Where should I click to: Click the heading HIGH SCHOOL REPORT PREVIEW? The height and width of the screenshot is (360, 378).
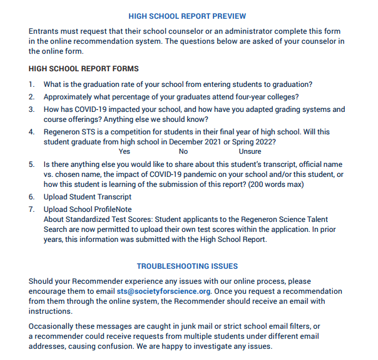[187, 16]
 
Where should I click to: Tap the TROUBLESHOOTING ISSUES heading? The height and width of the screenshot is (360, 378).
[187, 266]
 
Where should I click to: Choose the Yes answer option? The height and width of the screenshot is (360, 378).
[125, 151]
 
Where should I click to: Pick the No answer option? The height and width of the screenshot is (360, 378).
[183, 151]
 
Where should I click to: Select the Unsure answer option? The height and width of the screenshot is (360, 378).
[250, 151]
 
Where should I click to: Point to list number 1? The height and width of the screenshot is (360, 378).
[32, 84]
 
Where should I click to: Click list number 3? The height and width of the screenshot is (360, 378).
[32, 109]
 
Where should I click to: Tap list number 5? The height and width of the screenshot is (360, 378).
[32, 164]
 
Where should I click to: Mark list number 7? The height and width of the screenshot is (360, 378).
[32, 209]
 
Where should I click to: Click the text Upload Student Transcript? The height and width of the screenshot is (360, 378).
[88, 197]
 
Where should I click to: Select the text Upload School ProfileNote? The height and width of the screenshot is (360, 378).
[88, 209]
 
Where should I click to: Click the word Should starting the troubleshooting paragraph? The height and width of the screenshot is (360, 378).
[42, 281]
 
